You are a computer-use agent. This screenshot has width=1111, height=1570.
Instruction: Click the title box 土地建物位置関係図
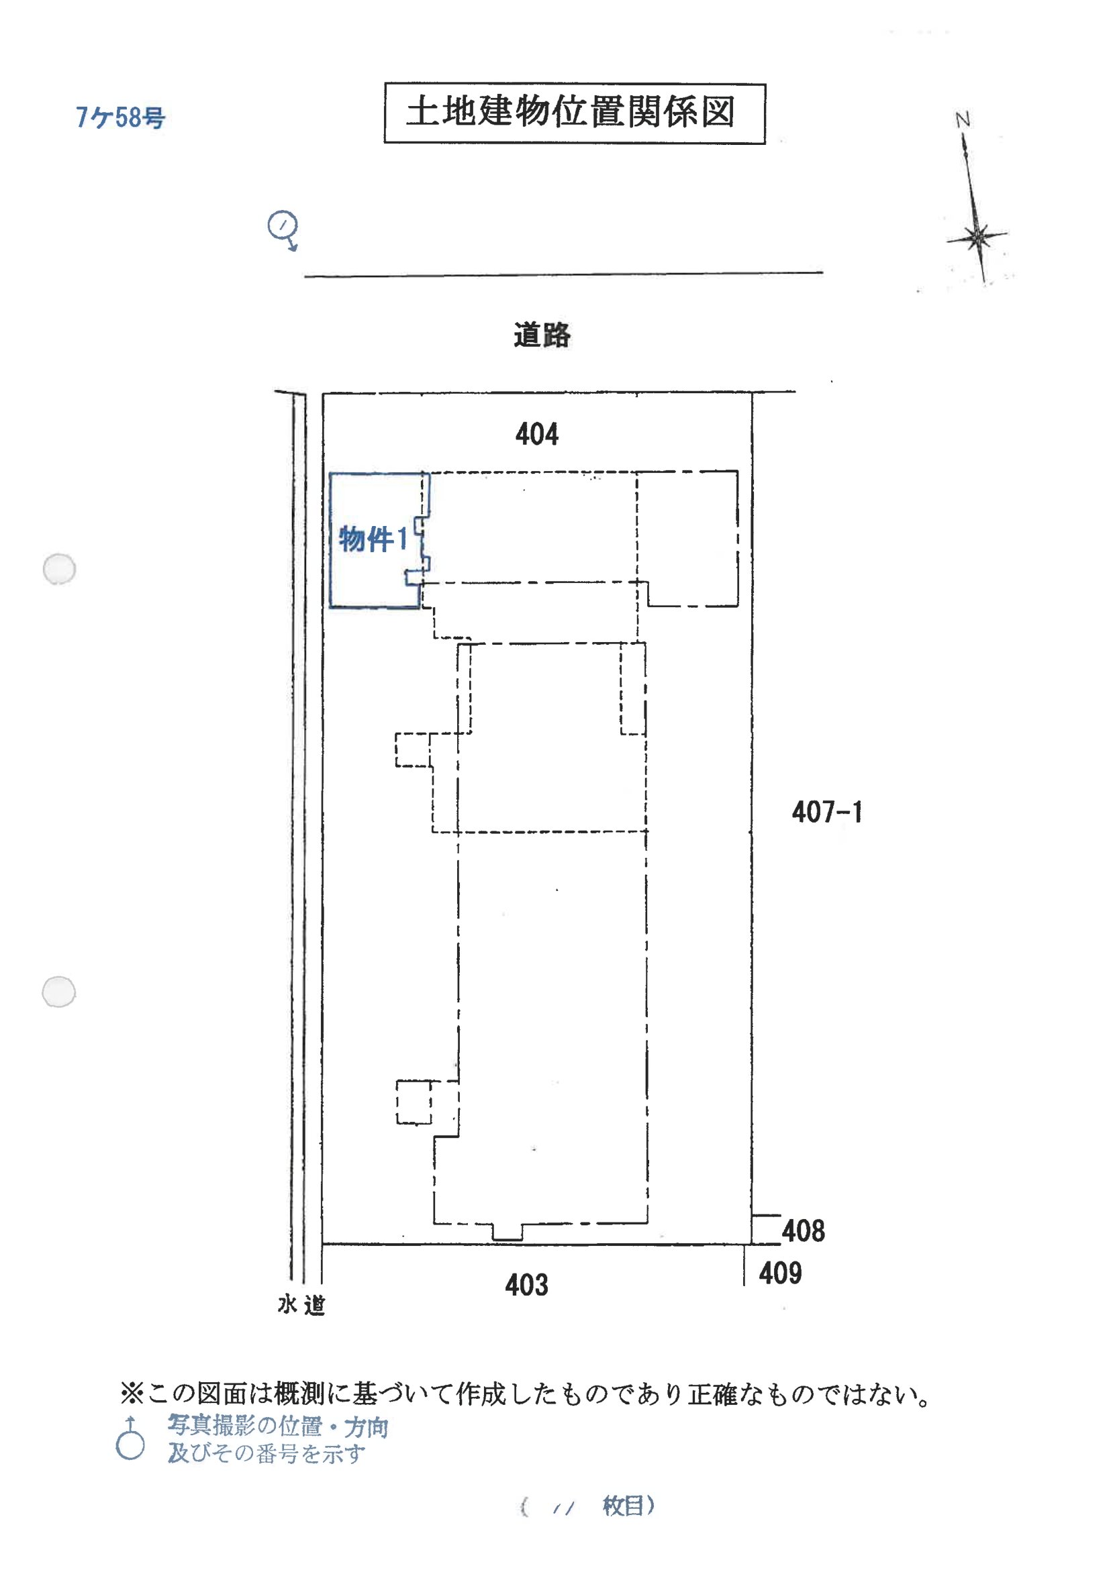(574, 113)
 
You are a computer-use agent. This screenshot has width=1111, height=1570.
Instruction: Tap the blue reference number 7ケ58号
(120, 117)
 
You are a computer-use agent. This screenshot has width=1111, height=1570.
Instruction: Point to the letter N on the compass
(963, 120)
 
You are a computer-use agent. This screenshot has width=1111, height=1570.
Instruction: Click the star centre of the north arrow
(978, 238)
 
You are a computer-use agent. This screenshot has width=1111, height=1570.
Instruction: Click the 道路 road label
(542, 335)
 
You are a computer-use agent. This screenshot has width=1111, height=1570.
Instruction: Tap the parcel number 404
(536, 434)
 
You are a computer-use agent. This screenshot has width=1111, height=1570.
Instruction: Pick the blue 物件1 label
(373, 539)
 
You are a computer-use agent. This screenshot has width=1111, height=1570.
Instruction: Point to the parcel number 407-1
(826, 813)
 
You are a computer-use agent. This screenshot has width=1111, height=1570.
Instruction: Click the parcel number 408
(803, 1231)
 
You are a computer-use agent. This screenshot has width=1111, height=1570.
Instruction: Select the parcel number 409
(780, 1273)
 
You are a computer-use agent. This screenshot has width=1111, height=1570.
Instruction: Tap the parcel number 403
(526, 1285)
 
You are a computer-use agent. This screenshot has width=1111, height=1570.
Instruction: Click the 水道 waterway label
(301, 1305)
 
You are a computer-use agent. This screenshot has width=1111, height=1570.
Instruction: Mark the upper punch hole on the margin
(60, 569)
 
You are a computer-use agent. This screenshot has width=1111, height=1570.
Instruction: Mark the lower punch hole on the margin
(59, 992)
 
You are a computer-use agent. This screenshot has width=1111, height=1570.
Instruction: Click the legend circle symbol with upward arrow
(130, 1444)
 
